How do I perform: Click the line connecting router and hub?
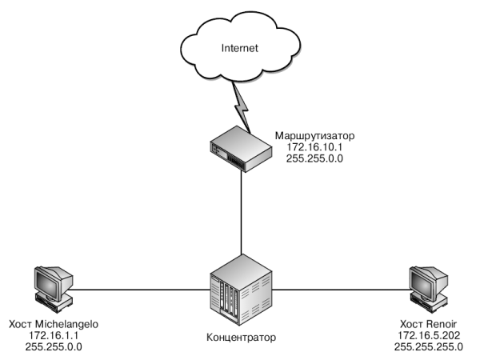point(240,212)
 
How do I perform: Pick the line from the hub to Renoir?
point(336,289)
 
